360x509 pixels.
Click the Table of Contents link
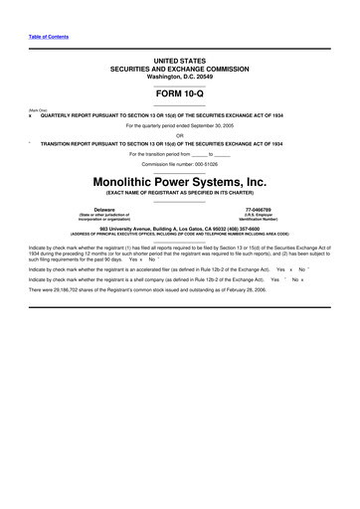tap(49, 37)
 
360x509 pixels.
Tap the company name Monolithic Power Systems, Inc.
tap(180, 182)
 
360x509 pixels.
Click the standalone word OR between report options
tap(180, 135)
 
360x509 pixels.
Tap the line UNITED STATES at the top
tap(180, 61)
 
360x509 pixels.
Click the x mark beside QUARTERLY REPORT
tap(30, 115)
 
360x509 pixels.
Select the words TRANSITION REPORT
tap(66, 144)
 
